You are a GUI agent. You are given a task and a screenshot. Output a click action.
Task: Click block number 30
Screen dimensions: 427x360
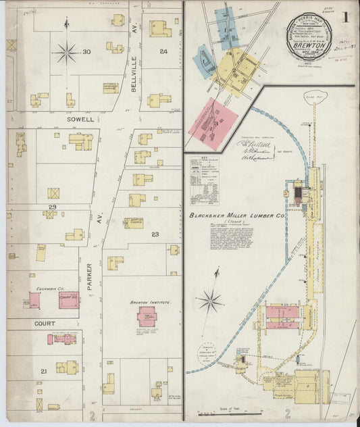tap(86, 52)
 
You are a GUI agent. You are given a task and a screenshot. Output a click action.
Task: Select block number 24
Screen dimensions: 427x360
tap(163, 51)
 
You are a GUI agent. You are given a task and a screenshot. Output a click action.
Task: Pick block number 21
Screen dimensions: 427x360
tap(43, 372)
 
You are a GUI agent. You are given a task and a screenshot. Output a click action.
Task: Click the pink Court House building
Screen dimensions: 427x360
tap(68, 299)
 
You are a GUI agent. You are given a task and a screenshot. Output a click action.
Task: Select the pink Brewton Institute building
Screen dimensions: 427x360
tap(147, 316)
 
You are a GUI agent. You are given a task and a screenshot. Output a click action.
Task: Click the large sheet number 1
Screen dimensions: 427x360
tap(346, 17)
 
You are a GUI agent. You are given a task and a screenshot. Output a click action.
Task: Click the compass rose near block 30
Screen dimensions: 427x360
tap(66, 51)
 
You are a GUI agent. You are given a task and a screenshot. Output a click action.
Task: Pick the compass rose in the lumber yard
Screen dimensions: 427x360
tap(211, 300)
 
